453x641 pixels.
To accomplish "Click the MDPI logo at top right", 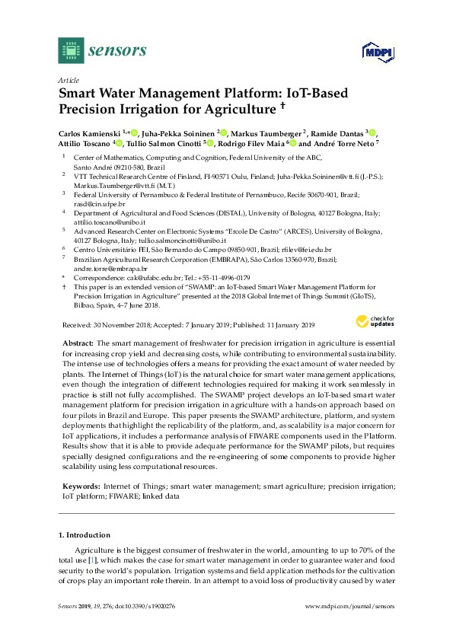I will point(373,53).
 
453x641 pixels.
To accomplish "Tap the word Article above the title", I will point(68,80).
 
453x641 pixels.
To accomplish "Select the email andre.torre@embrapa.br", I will point(104,269).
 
